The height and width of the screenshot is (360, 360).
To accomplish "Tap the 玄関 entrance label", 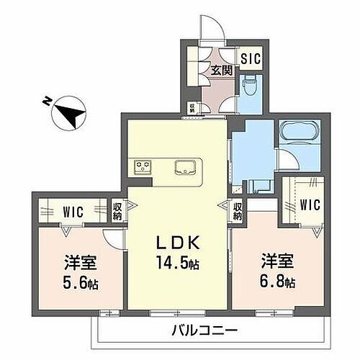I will (222, 70).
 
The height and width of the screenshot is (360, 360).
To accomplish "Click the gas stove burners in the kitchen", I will (143, 166).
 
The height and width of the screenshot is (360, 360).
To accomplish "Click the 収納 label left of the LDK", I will (118, 212).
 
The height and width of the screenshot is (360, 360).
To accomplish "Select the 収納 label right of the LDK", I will (238, 212).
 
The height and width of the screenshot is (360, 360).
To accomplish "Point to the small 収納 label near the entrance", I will (192, 108).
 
